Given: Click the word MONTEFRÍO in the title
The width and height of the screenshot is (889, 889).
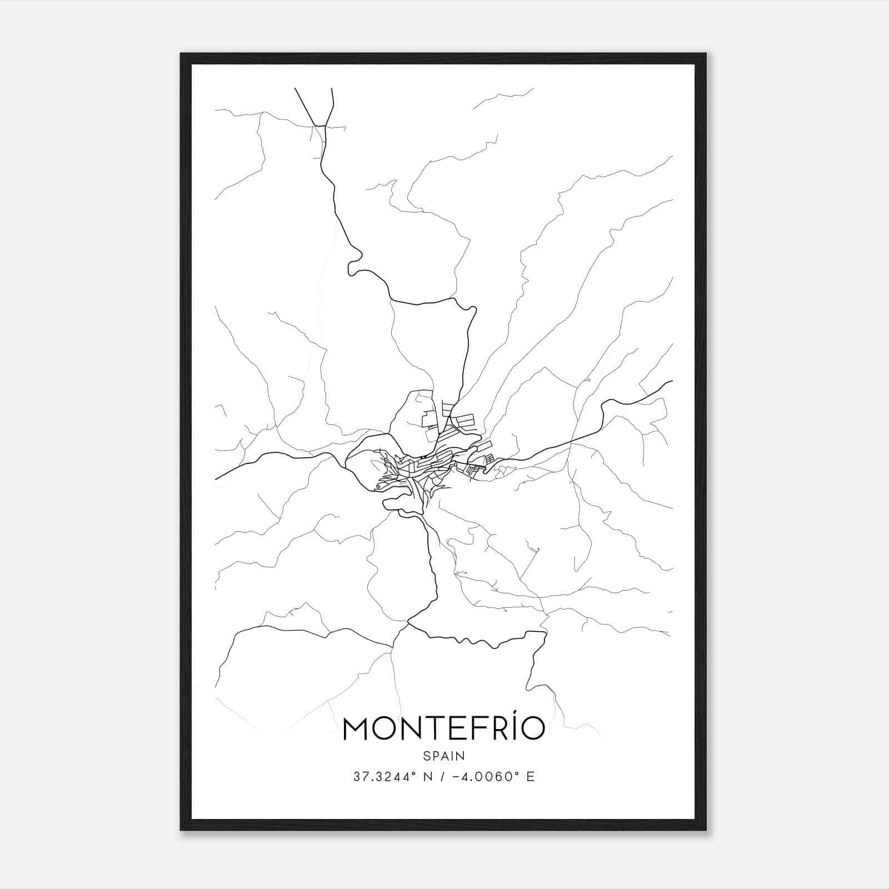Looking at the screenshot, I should (444, 728).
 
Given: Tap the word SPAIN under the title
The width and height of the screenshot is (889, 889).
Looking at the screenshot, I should (444, 756).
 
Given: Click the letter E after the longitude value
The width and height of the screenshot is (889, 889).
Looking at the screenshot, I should (530, 777).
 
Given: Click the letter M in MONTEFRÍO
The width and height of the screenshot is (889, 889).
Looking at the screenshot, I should (357, 728).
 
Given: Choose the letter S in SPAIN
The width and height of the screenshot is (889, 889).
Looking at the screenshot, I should (426, 756).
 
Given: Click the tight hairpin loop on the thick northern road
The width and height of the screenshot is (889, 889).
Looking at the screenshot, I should (353, 267).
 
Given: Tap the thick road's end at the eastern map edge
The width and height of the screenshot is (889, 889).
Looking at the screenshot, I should (672, 381).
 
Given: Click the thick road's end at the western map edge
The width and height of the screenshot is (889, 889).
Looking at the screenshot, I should (216, 479).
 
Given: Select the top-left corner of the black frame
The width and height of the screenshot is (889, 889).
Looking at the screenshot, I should (182, 54).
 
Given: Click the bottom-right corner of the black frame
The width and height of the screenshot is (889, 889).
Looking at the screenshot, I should (706, 830).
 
